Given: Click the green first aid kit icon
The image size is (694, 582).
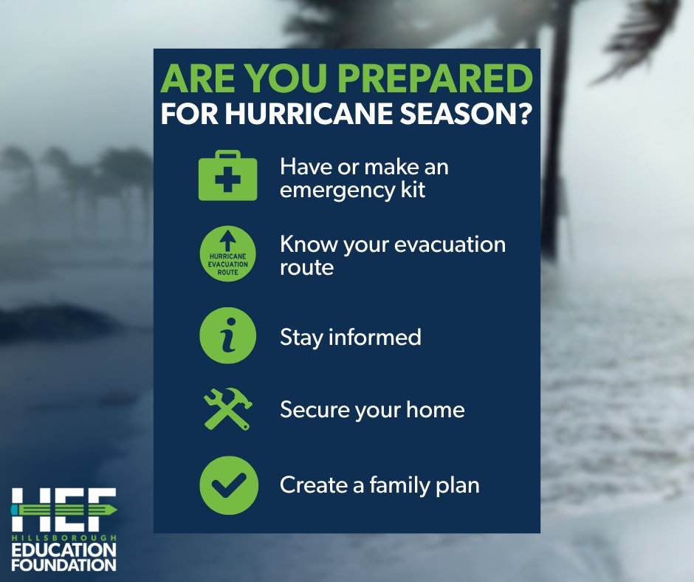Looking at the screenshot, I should [228, 177].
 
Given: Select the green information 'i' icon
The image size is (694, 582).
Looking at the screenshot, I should [228, 336].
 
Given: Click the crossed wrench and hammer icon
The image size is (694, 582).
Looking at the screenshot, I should [228, 408].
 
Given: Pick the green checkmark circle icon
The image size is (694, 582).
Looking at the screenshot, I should [228, 485].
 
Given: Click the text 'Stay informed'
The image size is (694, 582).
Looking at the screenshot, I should [350, 337].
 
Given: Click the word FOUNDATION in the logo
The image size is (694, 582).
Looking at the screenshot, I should [63, 564].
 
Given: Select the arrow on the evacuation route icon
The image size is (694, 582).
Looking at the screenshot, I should [228, 239].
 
